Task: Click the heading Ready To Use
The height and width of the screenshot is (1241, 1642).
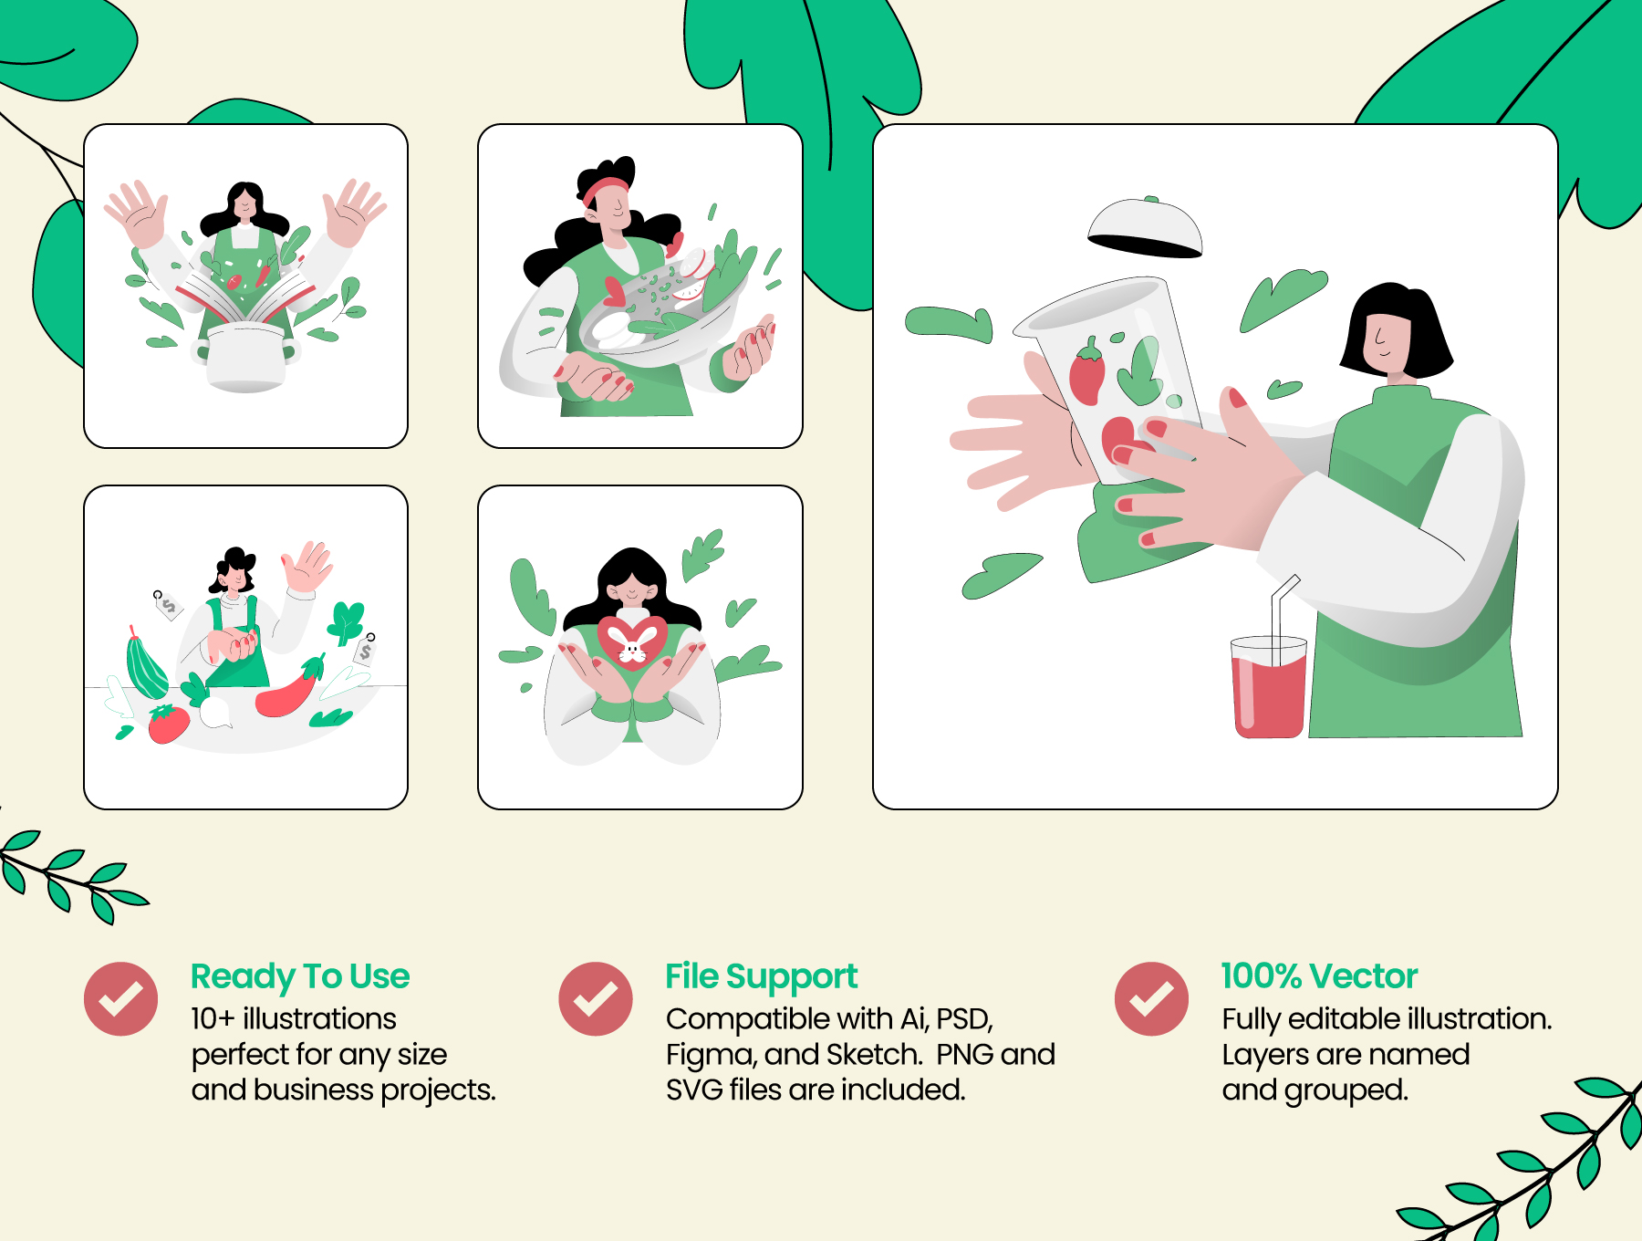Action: pos(300,977)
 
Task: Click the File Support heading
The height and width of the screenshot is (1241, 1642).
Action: pos(762,977)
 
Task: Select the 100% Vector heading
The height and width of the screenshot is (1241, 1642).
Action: pos(1319,976)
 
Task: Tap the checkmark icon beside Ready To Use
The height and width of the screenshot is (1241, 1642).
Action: pos(120,998)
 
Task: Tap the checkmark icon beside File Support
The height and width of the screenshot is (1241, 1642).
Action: pos(596,998)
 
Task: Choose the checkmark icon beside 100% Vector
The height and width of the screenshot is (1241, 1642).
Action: pos(1151,998)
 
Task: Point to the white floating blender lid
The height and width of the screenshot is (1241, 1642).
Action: pos(1145,228)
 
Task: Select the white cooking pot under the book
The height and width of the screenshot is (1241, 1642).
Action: pos(245,359)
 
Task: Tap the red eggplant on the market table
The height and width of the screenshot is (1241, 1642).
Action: pos(290,690)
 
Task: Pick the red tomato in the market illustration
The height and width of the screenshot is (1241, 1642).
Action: pos(168,724)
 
